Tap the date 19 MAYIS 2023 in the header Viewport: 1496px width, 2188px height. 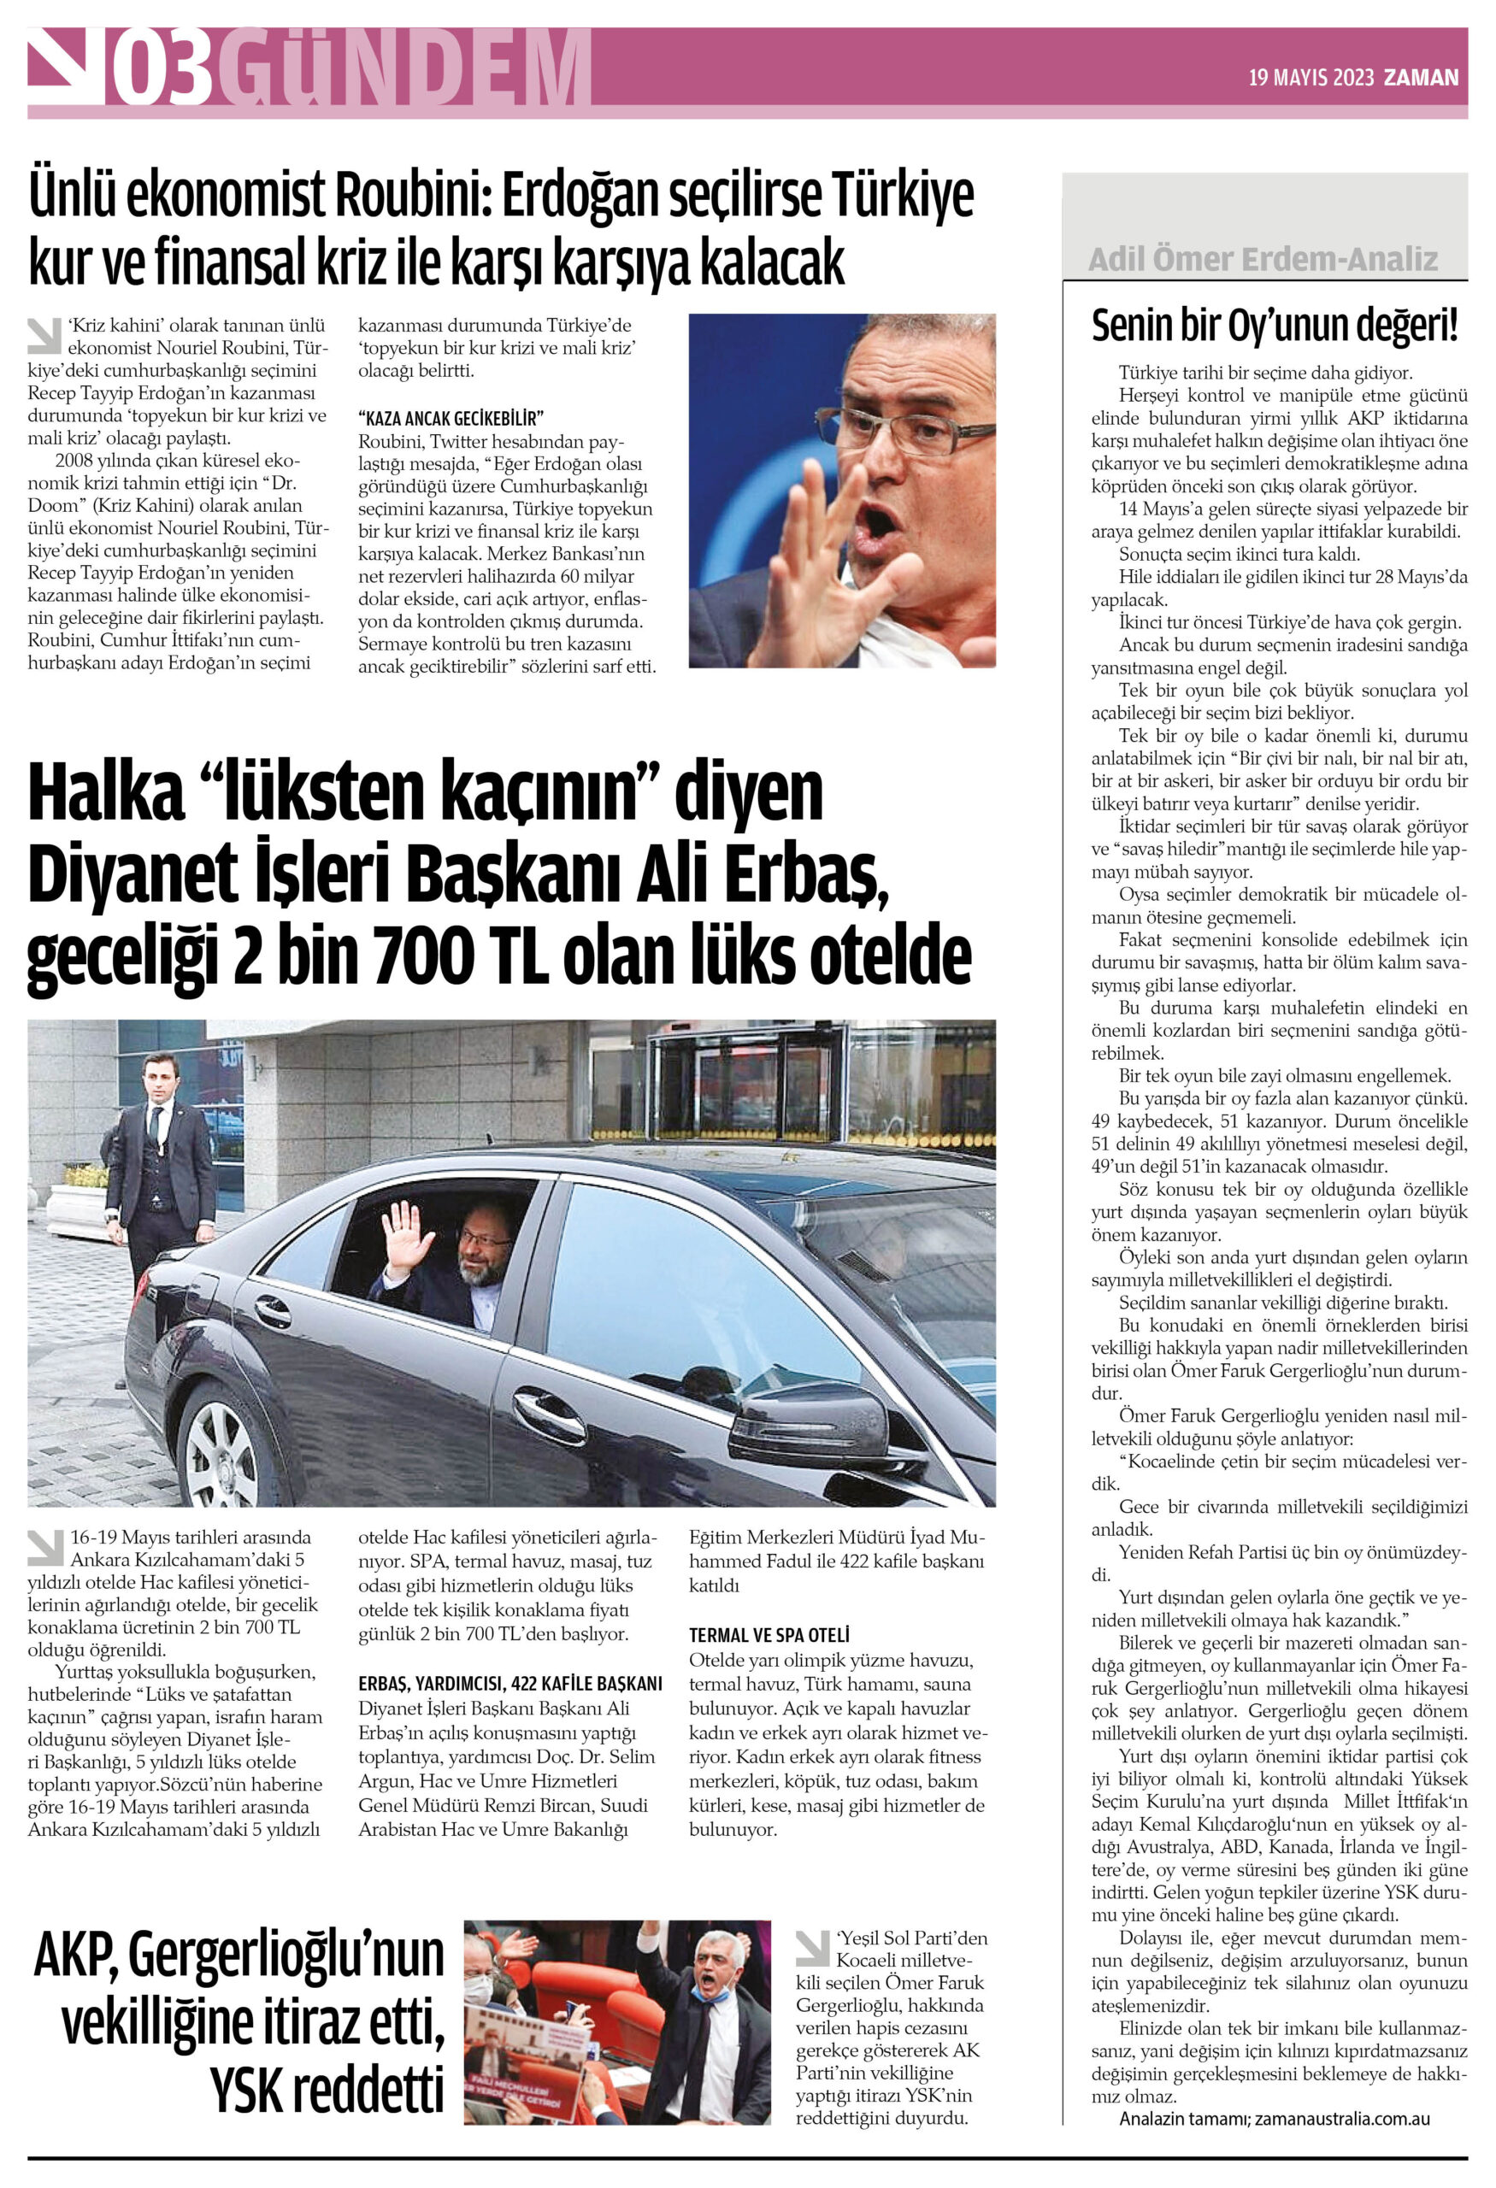click(x=1310, y=78)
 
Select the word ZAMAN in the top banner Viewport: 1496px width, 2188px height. click(x=1421, y=78)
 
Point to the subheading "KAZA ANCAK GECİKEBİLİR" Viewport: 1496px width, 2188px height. click(x=451, y=418)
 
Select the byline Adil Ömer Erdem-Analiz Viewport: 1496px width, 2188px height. click(x=1263, y=259)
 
